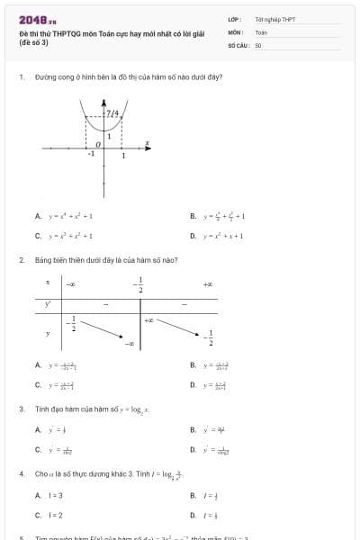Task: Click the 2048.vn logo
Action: [x=38, y=19]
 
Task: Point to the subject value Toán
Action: [x=261, y=31]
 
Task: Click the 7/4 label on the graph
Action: [x=112, y=113]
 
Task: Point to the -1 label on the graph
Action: [x=90, y=155]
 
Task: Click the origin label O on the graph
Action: [x=98, y=143]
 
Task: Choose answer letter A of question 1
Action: [x=38, y=216]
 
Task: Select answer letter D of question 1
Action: [x=193, y=236]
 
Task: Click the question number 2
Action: [x=21, y=260]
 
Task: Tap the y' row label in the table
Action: [x=48, y=304]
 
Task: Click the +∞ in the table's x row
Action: [x=207, y=284]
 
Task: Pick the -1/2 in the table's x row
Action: [x=139, y=284]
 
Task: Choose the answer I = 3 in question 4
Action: [x=55, y=495]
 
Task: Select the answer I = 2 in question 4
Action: [x=55, y=515]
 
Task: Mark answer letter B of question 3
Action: [x=193, y=429]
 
